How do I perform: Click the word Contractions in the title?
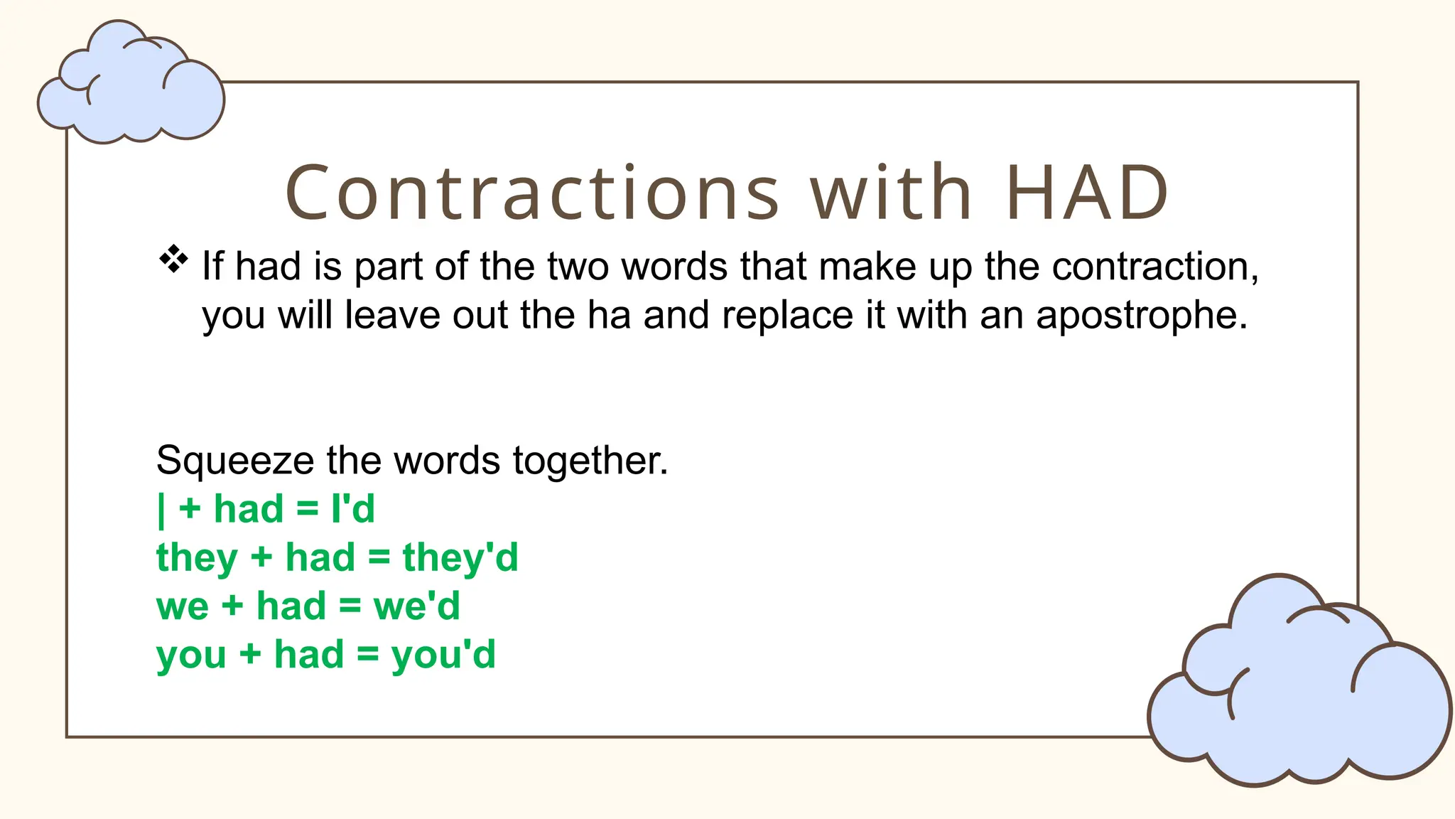pyautogui.click(x=532, y=193)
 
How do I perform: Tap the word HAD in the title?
pyautogui.click(x=1087, y=193)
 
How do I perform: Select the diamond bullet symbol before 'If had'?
pyautogui.click(x=173, y=259)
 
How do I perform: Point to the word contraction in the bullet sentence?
pyautogui.click(x=1154, y=267)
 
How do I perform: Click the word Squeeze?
pyautogui.click(x=234, y=461)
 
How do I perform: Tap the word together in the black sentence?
pyautogui.click(x=590, y=461)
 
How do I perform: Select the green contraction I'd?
pyautogui.click(x=353, y=509)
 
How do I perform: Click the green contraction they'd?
pyautogui.click(x=460, y=558)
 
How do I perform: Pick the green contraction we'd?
pyautogui.click(x=417, y=606)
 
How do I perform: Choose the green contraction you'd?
pyautogui.click(x=443, y=655)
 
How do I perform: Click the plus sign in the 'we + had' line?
pyautogui.click(x=232, y=606)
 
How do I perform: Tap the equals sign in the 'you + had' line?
pyautogui.click(x=367, y=655)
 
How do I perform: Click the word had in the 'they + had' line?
pyautogui.click(x=320, y=557)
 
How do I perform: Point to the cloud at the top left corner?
pyautogui.click(x=131, y=85)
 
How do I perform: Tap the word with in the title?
pyautogui.click(x=892, y=193)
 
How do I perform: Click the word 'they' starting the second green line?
pyautogui.click(x=197, y=558)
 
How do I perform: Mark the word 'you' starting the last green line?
pyautogui.click(x=191, y=655)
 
